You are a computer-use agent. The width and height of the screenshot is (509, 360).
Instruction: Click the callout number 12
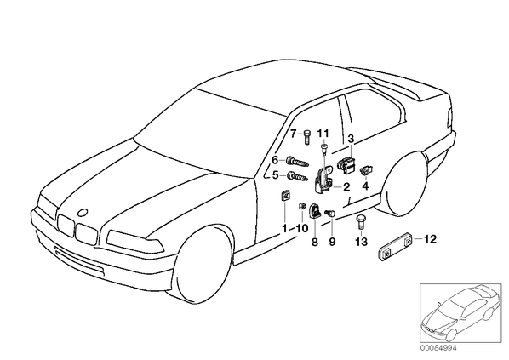430,239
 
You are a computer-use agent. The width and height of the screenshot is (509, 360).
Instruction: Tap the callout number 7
293,134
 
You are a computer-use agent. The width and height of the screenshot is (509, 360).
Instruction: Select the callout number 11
323,133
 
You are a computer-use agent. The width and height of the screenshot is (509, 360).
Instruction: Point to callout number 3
351,139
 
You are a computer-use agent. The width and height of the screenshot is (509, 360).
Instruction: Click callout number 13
361,241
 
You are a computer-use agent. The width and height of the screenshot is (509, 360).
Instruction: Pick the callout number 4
365,186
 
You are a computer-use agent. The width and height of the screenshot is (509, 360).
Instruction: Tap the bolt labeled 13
361,222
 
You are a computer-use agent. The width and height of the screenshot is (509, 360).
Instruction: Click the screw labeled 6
296,162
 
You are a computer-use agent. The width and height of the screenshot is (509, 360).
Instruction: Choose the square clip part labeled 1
285,196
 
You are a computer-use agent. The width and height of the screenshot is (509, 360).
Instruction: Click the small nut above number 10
301,206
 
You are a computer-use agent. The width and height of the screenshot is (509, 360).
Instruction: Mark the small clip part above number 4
367,170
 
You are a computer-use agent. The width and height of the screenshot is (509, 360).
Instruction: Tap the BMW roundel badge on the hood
83,213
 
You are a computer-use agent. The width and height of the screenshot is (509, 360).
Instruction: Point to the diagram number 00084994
438,348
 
